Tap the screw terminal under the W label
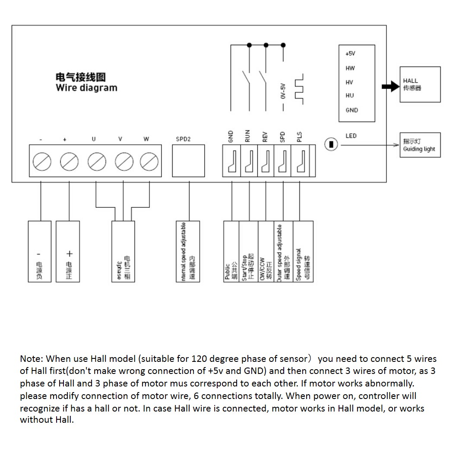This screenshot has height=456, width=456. click(149, 162)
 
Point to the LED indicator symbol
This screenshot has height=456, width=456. click(331, 144)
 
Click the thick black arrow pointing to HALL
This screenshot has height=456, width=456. click(390, 86)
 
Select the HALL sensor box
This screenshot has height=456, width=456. click(420, 84)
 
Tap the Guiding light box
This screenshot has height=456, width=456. click(420, 145)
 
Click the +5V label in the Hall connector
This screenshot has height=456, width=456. click(350, 54)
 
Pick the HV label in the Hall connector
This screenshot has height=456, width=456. click(349, 82)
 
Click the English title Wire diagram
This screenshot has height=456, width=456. click(86, 88)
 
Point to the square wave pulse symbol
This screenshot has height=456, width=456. click(299, 89)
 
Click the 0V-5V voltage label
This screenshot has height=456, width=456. click(283, 92)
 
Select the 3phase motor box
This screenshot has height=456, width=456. click(123, 252)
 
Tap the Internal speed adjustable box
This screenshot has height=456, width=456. click(188, 252)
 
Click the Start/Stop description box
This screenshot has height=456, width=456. click(248, 252)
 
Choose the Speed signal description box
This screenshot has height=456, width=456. click(303, 252)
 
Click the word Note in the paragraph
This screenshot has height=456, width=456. click(31, 359)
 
